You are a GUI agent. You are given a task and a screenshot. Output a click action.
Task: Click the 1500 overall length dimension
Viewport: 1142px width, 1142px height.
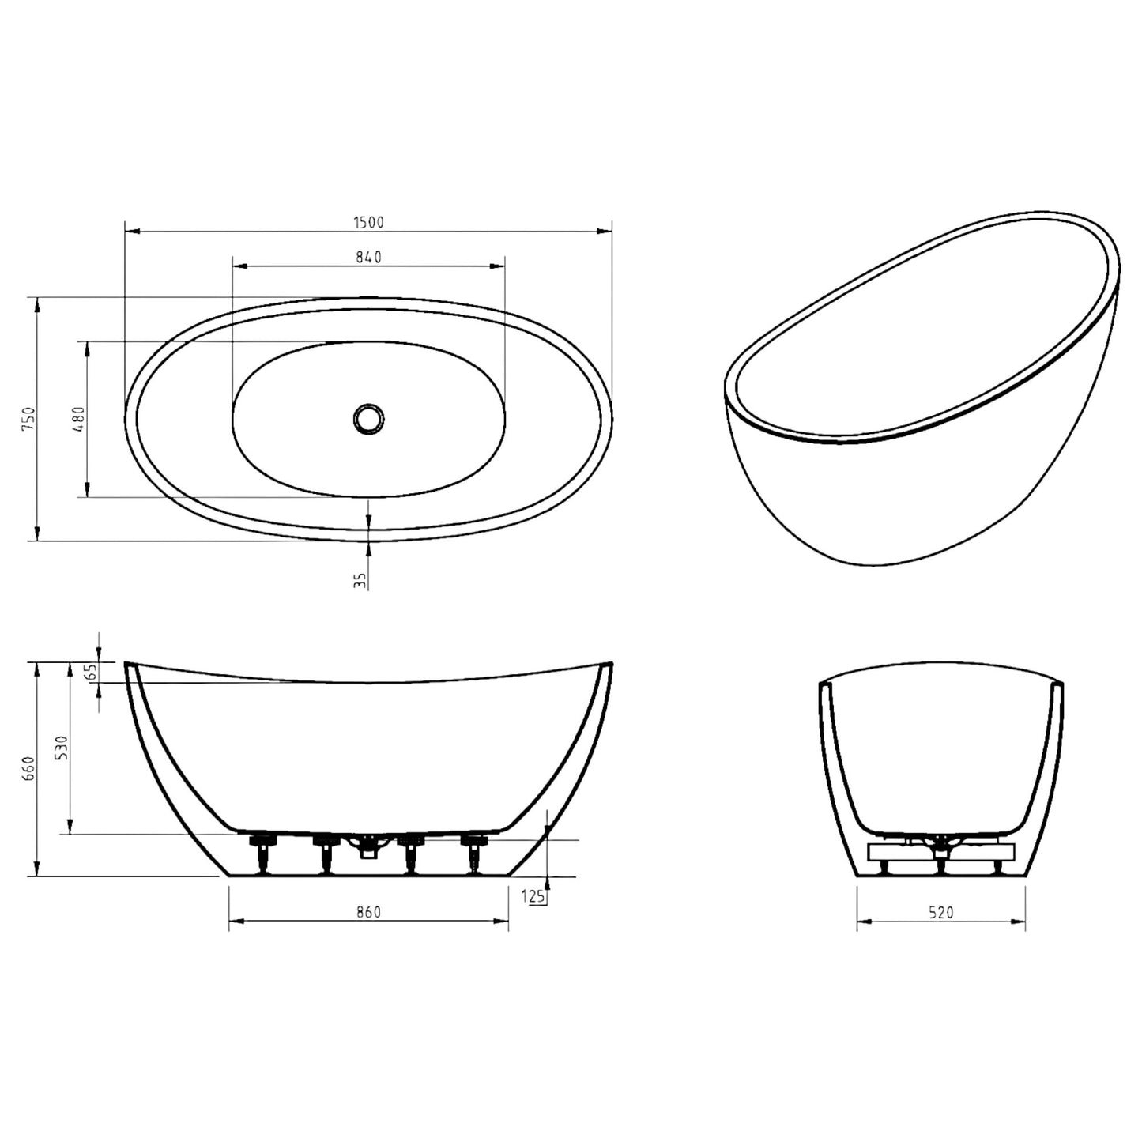[x=368, y=223]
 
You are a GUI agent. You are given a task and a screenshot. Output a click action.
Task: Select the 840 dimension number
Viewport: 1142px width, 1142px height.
[x=368, y=257]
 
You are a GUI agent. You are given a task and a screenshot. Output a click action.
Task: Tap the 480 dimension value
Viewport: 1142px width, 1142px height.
[x=78, y=420]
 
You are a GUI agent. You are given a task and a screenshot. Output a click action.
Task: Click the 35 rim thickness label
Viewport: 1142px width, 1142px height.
[x=360, y=581]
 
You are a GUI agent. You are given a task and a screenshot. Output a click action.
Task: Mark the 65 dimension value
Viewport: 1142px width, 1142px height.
[x=91, y=672]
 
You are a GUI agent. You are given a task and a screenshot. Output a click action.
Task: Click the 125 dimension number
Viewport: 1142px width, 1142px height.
[x=534, y=896]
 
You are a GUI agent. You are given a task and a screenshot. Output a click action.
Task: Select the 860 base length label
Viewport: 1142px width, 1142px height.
[x=368, y=912]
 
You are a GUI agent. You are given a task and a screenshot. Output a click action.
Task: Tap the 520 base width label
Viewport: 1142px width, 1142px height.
[x=941, y=913]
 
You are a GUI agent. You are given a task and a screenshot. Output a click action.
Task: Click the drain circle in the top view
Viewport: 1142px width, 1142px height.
[x=368, y=418]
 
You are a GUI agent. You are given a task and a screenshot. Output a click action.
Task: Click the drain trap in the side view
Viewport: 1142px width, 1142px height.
[x=368, y=848]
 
